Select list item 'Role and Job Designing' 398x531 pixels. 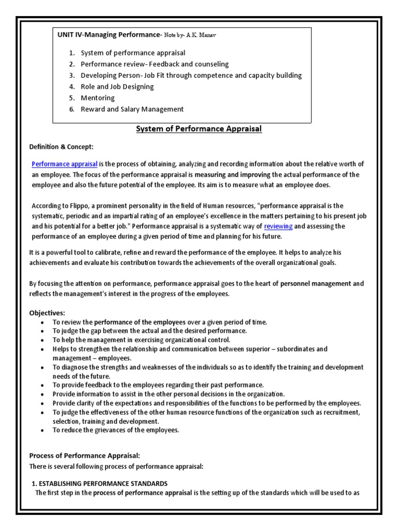click(117, 87)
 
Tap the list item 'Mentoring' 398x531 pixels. click(97, 98)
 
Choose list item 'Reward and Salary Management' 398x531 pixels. click(132, 109)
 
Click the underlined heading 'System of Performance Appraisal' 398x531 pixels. click(199, 129)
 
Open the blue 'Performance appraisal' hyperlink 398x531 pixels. click(64, 164)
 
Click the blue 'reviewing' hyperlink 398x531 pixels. click(278, 227)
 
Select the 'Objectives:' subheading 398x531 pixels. click(47, 313)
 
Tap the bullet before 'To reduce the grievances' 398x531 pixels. click(42, 430)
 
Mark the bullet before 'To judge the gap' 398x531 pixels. click(42, 331)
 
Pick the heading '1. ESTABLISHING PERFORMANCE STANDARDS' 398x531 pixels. click(99, 483)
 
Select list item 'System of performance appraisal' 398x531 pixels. click(133, 53)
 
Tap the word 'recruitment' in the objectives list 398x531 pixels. click(340, 412)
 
